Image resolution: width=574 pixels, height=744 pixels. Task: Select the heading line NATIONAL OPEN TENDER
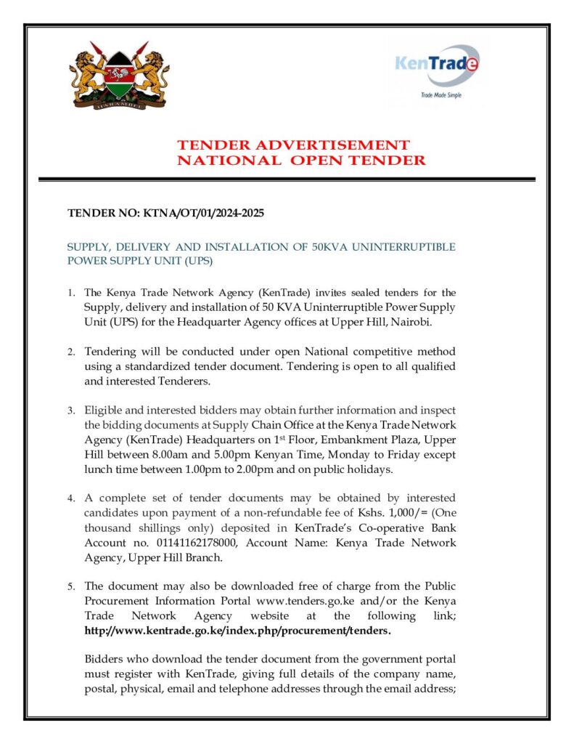[301, 161]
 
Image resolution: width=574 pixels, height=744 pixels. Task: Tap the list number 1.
[71, 294]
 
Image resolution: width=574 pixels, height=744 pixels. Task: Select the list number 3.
[71, 411]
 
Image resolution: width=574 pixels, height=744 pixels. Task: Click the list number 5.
[71, 586]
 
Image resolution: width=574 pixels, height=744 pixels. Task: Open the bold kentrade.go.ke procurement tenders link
[238, 630]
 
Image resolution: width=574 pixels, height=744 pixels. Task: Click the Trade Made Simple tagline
[440, 95]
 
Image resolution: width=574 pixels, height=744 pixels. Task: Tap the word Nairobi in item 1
[434, 322]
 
